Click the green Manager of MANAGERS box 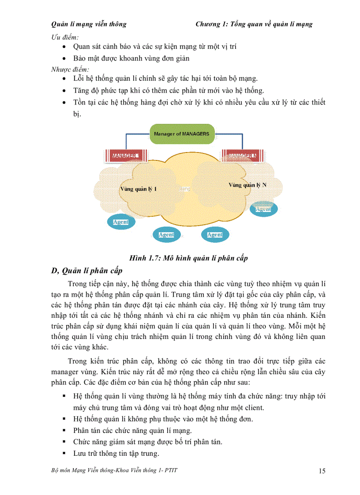pyautogui.click(x=181, y=134)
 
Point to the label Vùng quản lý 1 pyautogui.click(x=138, y=189)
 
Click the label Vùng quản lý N pyautogui.click(x=247, y=185)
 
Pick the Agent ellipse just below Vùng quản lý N pyautogui.click(x=263, y=209)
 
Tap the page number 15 pyautogui.click(x=322, y=471)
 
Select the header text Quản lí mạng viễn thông pyautogui.click(x=89, y=24)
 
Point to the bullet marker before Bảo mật pyautogui.click(x=65, y=58)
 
